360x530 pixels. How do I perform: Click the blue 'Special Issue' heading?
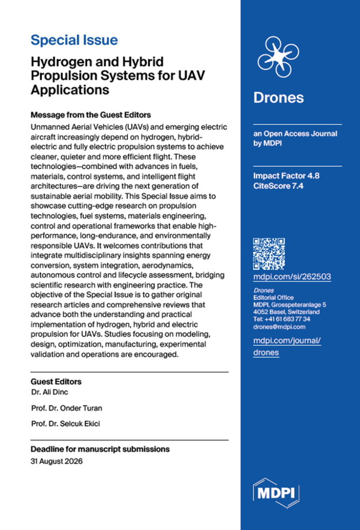(x=74, y=40)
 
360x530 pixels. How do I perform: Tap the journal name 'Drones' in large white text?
(x=278, y=98)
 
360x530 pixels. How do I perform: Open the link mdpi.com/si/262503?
(x=292, y=277)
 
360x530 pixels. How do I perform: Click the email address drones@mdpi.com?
(x=279, y=327)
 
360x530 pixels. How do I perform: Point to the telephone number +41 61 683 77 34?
(x=281, y=319)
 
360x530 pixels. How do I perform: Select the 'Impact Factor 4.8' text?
(x=286, y=176)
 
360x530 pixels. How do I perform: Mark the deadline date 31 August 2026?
(x=57, y=462)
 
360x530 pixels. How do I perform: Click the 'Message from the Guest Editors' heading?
(x=91, y=115)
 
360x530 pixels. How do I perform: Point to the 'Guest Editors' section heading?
(x=56, y=382)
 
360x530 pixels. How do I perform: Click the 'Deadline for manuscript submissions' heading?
(x=100, y=449)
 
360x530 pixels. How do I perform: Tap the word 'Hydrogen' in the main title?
(x=59, y=61)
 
